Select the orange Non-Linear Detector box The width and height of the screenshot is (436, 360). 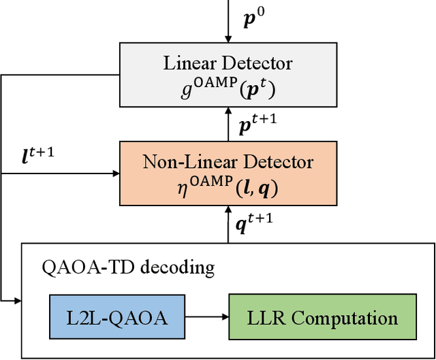pos(228,173)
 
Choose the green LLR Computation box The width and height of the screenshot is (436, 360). pos(322,318)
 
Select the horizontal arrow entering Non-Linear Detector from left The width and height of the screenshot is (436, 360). pos(61,173)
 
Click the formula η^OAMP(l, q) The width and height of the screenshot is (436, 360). pos(228,184)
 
